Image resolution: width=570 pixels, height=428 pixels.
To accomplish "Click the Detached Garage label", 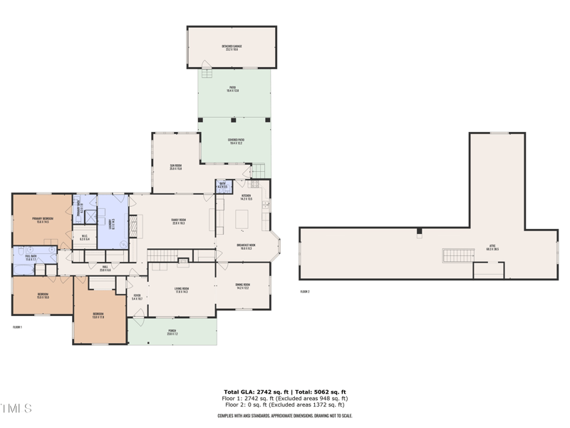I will pyautogui.click(x=232, y=48).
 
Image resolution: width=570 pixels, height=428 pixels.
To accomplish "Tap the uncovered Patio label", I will pyautogui.click(x=232, y=90).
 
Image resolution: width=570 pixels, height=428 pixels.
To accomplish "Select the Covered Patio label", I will pyautogui.click(x=235, y=141).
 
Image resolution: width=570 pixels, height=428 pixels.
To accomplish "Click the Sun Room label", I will pyautogui.click(x=175, y=167).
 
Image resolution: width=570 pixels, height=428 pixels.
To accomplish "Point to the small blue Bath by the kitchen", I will pyautogui.click(x=222, y=187).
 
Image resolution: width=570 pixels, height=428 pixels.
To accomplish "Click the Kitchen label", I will pyautogui.click(x=246, y=197).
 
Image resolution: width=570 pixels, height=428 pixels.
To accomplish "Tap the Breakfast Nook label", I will pyautogui.click(x=247, y=246).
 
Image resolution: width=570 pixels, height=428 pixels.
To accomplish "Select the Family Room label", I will pyautogui.click(x=178, y=221).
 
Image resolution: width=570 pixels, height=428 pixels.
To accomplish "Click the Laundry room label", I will pyautogui.click(x=110, y=222).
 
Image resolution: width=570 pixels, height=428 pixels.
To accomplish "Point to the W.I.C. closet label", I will pyautogui.click(x=84, y=238).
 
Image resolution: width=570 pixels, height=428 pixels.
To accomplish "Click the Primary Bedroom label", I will pyautogui.click(x=42, y=220).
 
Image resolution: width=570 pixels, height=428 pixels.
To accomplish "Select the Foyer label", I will pyautogui.click(x=138, y=297).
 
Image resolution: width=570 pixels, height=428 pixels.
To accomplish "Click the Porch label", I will pyautogui.click(x=172, y=332).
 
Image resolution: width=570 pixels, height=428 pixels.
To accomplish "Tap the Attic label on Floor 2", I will pyautogui.click(x=492, y=248).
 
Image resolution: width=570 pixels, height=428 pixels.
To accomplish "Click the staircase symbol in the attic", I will pyautogui.click(x=458, y=255).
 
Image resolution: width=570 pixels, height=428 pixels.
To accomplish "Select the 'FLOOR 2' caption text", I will pyautogui.click(x=305, y=292).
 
